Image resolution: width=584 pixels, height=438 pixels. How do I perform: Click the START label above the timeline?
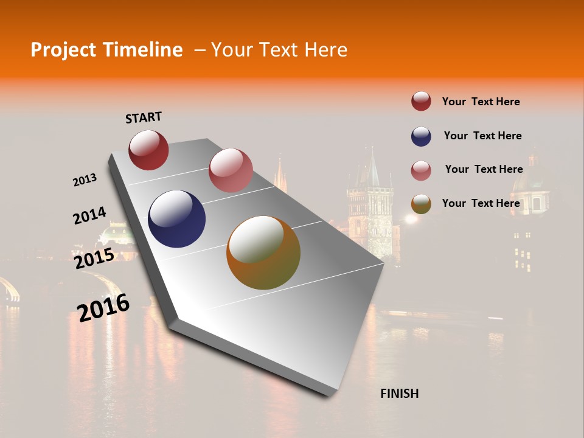coord(144,117)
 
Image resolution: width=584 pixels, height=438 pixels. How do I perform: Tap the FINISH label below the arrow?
coord(399,394)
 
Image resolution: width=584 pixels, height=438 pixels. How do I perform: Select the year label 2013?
coord(85,180)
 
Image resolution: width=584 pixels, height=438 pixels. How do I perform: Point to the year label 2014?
coord(89,216)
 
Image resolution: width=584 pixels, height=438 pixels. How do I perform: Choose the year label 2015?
coord(94,259)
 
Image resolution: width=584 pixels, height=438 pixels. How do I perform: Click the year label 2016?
coord(103,308)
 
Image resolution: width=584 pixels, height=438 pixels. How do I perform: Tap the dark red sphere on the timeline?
coord(148,150)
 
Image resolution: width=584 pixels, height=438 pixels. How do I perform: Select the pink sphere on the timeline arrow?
coord(231,170)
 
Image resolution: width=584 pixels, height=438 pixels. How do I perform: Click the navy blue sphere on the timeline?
coord(177,219)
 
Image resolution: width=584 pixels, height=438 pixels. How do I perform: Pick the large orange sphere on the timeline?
coord(263,252)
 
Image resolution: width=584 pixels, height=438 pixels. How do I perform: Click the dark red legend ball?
coord(421,102)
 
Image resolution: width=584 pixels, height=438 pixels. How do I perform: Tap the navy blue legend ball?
coord(421,136)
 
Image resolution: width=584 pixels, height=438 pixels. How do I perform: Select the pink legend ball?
coord(421,170)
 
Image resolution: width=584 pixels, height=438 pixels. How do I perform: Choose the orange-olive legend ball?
coord(421,204)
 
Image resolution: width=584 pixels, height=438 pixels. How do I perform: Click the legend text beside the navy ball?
coord(482,136)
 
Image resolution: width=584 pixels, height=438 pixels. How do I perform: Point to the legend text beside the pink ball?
coord(484,169)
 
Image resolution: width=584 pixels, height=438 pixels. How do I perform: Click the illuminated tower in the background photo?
coord(370,207)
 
